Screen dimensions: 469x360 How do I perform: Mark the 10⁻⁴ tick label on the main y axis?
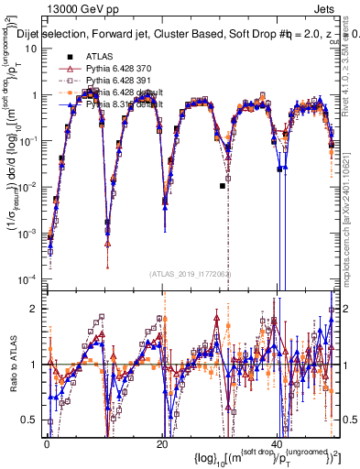(x=27, y=278)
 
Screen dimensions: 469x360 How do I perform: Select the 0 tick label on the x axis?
(x=47, y=442)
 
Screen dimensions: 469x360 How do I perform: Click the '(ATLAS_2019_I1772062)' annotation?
(x=191, y=273)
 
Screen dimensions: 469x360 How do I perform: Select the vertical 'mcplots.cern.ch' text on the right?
(x=353, y=224)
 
